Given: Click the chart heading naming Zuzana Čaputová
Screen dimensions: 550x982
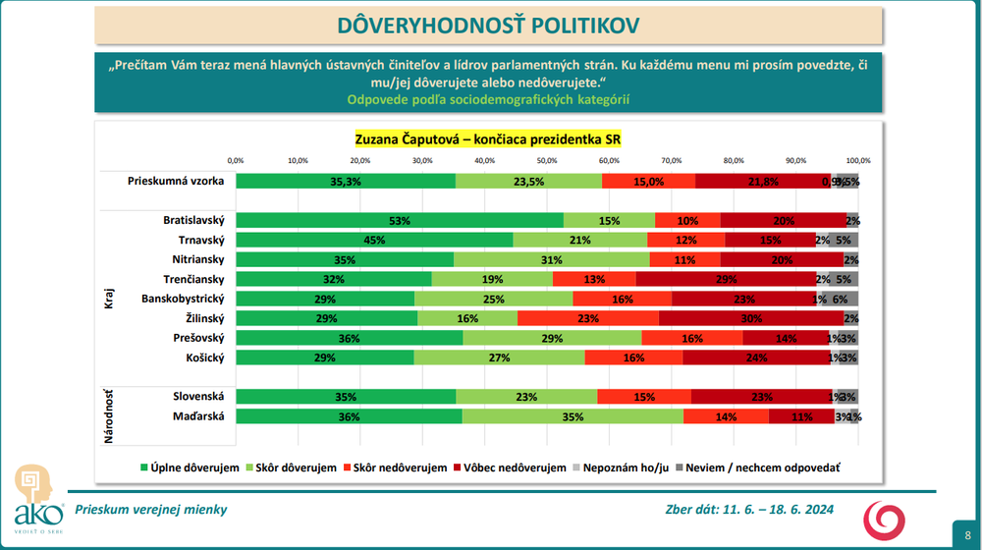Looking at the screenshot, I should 488,139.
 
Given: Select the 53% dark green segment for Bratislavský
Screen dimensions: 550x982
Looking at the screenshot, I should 399,221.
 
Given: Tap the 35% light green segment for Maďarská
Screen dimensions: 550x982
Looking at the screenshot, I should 573,416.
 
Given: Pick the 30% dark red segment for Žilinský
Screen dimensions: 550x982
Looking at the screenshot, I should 751,318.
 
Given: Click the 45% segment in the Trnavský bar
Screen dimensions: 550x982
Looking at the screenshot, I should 374,241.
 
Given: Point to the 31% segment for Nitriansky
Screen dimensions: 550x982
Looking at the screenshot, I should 553,260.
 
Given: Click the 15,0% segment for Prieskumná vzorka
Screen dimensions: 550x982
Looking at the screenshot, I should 648,181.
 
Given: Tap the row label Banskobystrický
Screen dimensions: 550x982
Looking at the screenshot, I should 184,299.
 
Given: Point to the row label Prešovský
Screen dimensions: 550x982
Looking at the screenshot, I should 199,338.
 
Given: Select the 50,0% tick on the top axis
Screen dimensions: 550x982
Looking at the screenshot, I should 547,160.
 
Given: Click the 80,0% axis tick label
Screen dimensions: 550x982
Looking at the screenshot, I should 734,160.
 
